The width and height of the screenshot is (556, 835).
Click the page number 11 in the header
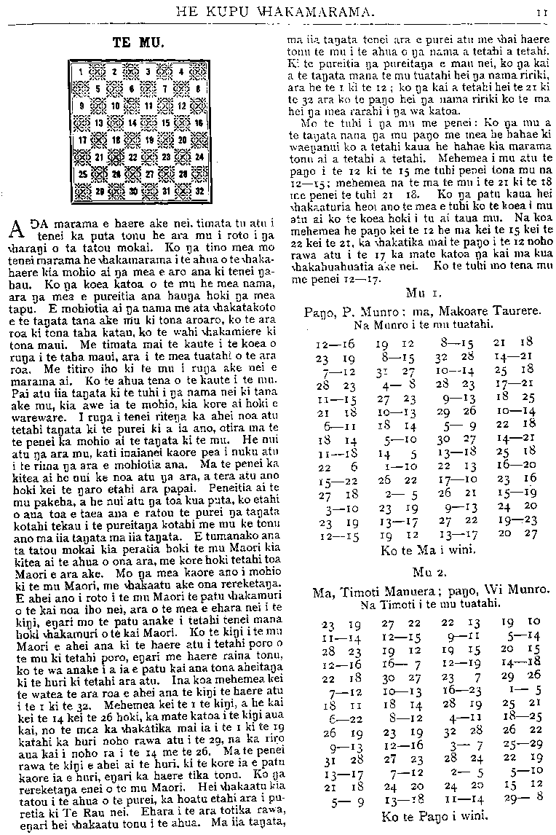544,12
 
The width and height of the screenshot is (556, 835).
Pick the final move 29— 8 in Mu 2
513,798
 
